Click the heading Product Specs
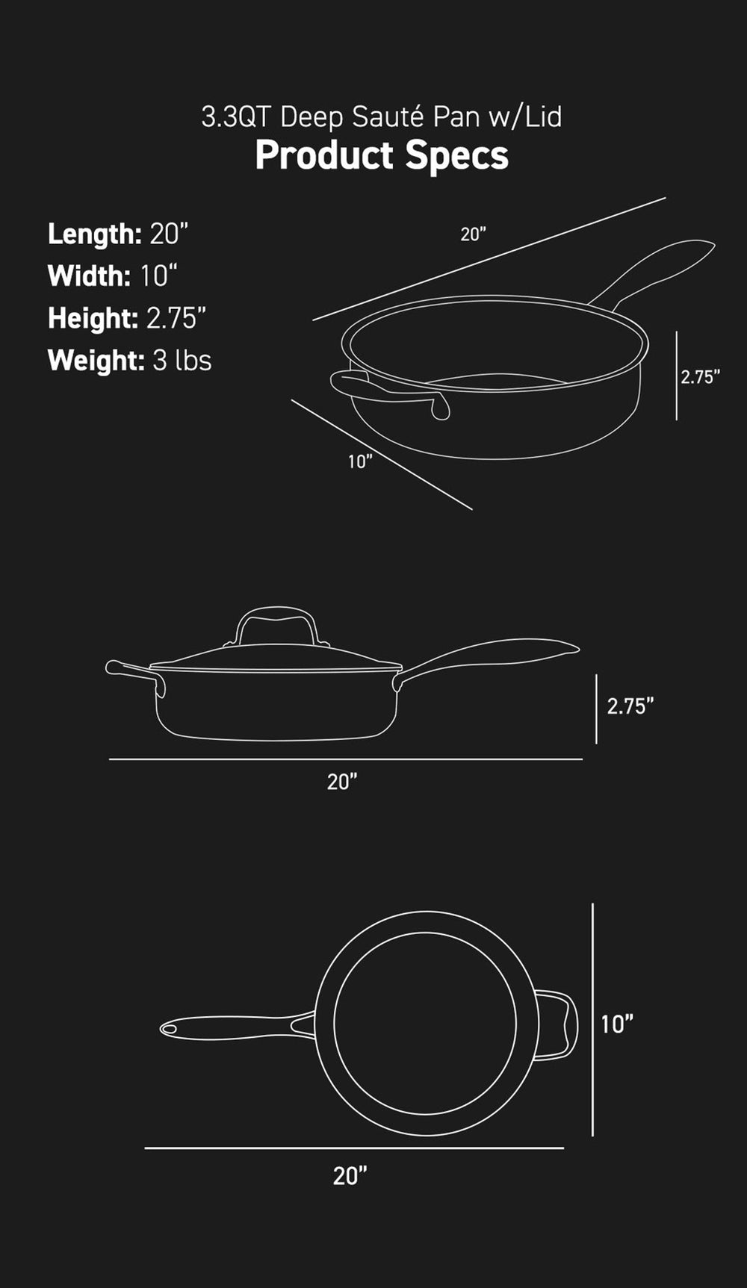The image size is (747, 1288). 381,156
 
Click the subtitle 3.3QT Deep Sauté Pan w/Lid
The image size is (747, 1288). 381,117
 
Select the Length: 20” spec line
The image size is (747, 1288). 117,234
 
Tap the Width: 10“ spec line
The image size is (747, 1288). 112,276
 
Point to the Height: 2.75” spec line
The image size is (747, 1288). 126,319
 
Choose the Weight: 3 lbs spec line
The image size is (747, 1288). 129,361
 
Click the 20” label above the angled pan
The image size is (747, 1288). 473,234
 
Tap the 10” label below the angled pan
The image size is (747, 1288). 359,461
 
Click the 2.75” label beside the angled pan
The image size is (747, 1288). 700,377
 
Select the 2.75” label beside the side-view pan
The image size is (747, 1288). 630,706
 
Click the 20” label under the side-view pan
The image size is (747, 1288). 342,782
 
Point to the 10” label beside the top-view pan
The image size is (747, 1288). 617,1024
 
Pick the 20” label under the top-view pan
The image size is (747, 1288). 350,1176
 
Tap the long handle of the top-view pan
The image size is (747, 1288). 232,1027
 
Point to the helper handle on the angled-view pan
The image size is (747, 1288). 388,391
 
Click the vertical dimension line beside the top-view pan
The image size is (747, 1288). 592,1020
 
